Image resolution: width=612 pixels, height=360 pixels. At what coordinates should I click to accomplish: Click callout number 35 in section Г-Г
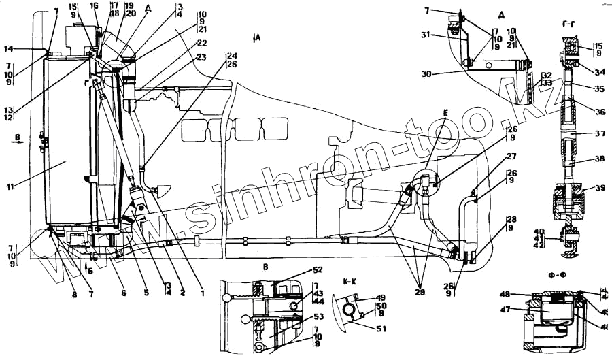[x=599, y=88]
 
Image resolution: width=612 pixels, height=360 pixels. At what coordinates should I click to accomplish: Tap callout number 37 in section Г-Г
[x=599, y=133]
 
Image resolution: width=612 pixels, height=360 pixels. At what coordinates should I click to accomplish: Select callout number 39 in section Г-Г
[x=599, y=188]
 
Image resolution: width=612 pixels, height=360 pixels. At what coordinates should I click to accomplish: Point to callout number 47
[x=505, y=309]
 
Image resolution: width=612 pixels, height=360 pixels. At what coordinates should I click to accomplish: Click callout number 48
[x=505, y=295]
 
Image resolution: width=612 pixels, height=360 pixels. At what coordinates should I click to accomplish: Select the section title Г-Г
[x=570, y=25]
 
